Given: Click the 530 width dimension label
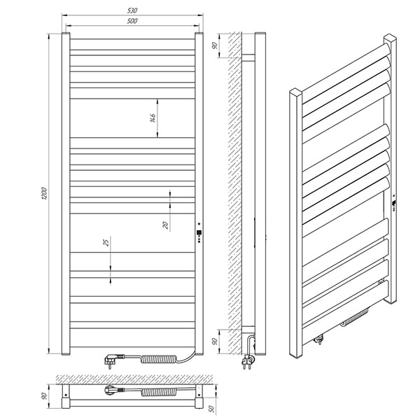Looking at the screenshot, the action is [x=132, y=10].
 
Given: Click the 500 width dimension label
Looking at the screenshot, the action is [x=132, y=21].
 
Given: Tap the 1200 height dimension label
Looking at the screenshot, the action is [x=44, y=193].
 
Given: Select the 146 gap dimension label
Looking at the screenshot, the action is [x=153, y=118].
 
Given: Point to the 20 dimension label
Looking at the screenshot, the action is [x=166, y=225].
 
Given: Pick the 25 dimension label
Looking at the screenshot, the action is [x=106, y=242].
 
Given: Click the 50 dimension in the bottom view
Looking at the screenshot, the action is [x=211, y=409].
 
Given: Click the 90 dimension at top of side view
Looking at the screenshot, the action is [x=215, y=45].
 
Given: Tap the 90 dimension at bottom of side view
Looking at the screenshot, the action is [x=215, y=342].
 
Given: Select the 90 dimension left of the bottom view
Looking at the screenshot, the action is [x=45, y=396].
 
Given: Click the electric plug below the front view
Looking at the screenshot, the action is [x=112, y=360].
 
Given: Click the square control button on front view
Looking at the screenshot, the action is [x=199, y=232].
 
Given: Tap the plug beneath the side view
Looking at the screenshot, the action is [x=247, y=361].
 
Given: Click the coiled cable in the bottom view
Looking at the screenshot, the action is [x=159, y=392].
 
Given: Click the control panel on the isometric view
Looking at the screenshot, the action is [x=394, y=204].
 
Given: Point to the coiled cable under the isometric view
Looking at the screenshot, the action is [x=354, y=318].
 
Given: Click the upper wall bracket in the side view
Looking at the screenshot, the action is [x=248, y=58].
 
